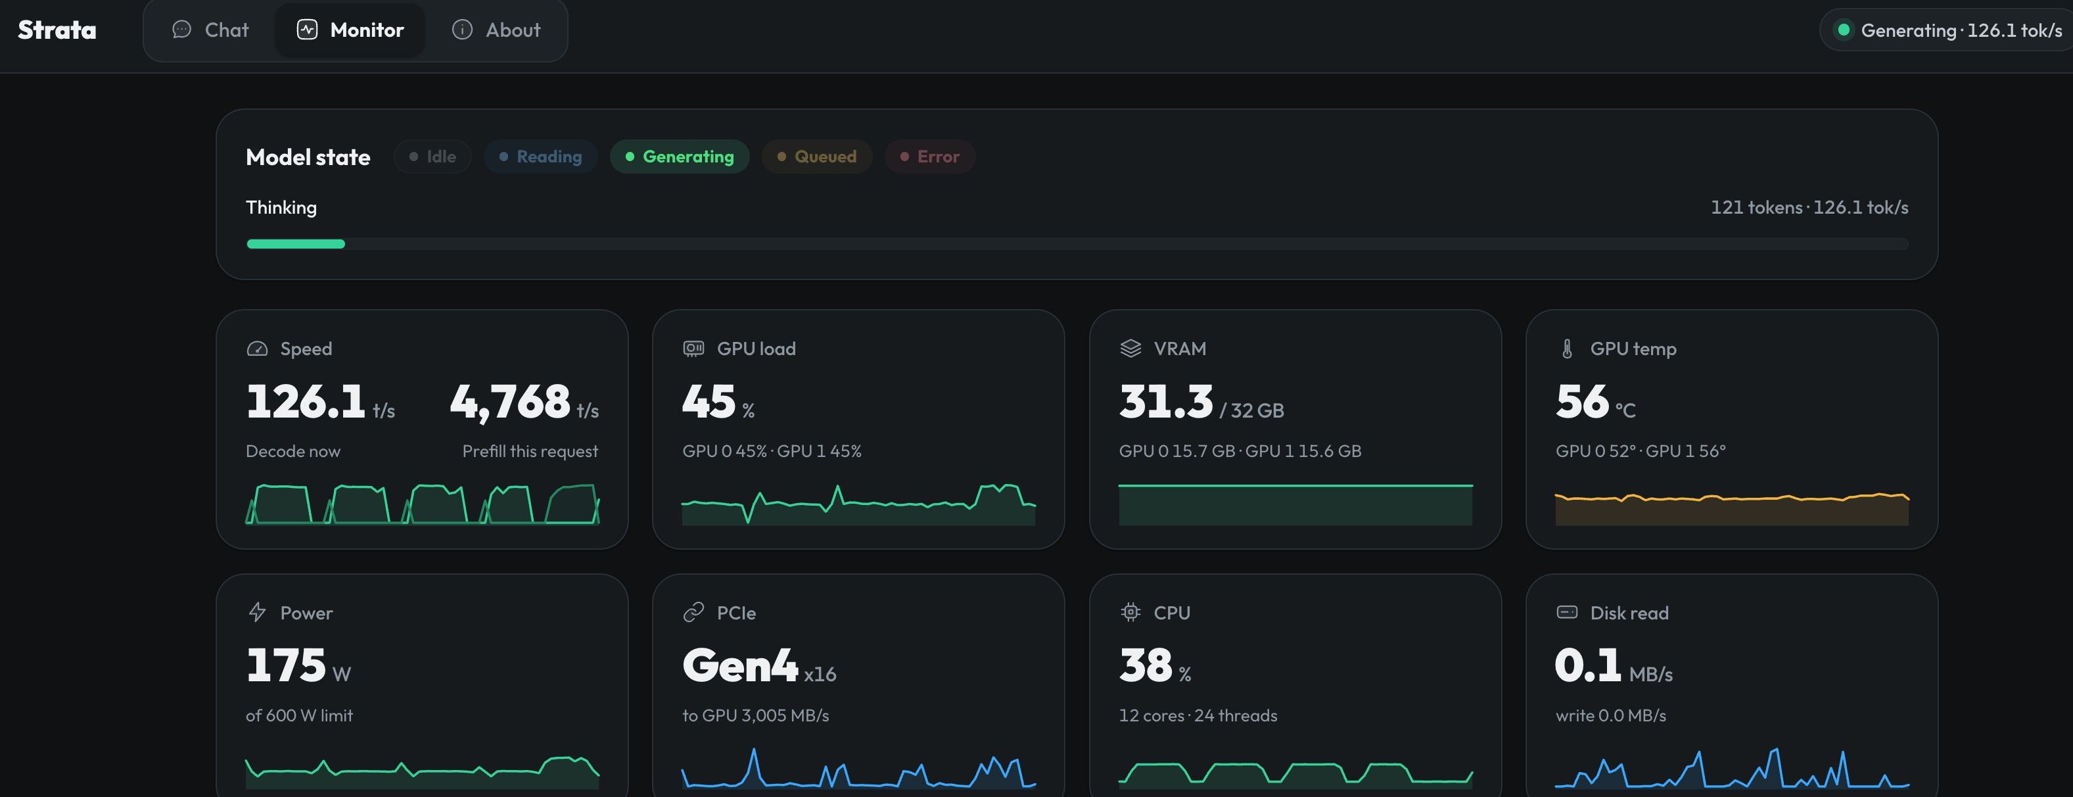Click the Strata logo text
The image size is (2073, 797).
57,30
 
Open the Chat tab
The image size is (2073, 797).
211,30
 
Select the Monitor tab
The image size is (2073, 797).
350,30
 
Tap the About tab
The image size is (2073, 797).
496,30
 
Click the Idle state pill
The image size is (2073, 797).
432,157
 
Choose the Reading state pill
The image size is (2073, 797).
540,157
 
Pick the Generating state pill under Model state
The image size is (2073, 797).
679,157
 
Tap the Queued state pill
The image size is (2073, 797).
816,157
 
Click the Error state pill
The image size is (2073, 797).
929,157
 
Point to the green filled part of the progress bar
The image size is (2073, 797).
295,244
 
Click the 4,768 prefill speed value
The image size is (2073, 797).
510,402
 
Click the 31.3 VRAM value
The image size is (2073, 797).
1165,401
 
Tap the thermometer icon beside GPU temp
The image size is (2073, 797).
1567,349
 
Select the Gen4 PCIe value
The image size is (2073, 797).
739,665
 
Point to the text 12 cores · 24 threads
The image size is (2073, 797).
1198,715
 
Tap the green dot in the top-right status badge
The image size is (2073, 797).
1843,30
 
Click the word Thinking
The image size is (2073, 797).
281,208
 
